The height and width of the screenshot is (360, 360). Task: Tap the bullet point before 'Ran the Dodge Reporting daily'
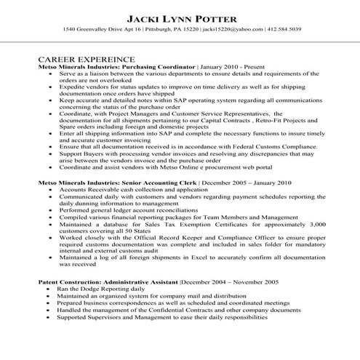tap(49, 289)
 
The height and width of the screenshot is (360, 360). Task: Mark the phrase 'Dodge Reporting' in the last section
tap(95, 289)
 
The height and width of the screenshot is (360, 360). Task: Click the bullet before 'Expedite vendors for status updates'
tap(49, 85)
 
